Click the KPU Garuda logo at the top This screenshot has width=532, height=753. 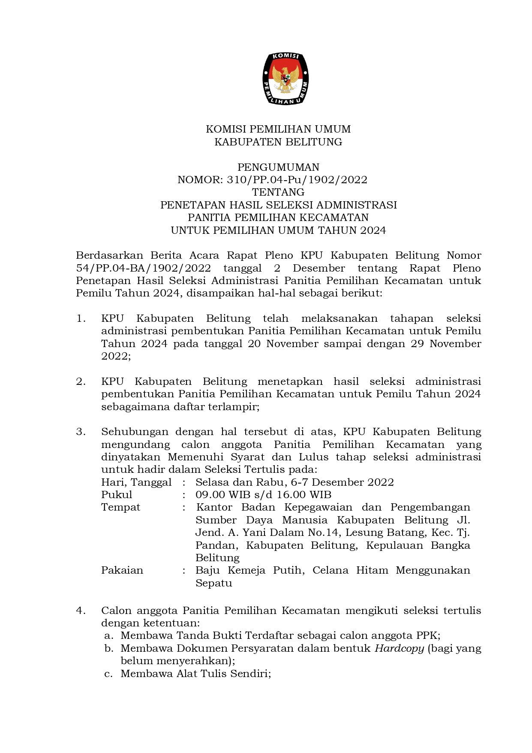click(x=286, y=79)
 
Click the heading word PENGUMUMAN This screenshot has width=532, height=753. click(x=278, y=167)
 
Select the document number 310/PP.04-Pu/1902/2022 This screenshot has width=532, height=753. click(x=297, y=180)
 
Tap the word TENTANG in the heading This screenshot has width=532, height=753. click(x=278, y=192)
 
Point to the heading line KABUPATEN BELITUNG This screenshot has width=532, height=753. click(x=278, y=142)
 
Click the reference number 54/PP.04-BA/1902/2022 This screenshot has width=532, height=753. click(x=143, y=269)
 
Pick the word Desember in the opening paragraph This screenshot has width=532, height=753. click(x=319, y=269)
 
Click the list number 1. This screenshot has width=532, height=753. click(x=81, y=319)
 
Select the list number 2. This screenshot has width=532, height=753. click(x=81, y=382)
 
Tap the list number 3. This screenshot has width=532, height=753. click(x=81, y=432)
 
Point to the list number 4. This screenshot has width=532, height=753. click(x=81, y=611)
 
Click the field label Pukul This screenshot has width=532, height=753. click(x=117, y=495)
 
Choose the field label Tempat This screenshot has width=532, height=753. click(x=120, y=508)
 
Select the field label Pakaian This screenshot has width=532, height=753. click(x=122, y=571)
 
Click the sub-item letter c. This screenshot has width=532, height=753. click(x=108, y=674)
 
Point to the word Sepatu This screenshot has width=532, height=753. click(x=213, y=584)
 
